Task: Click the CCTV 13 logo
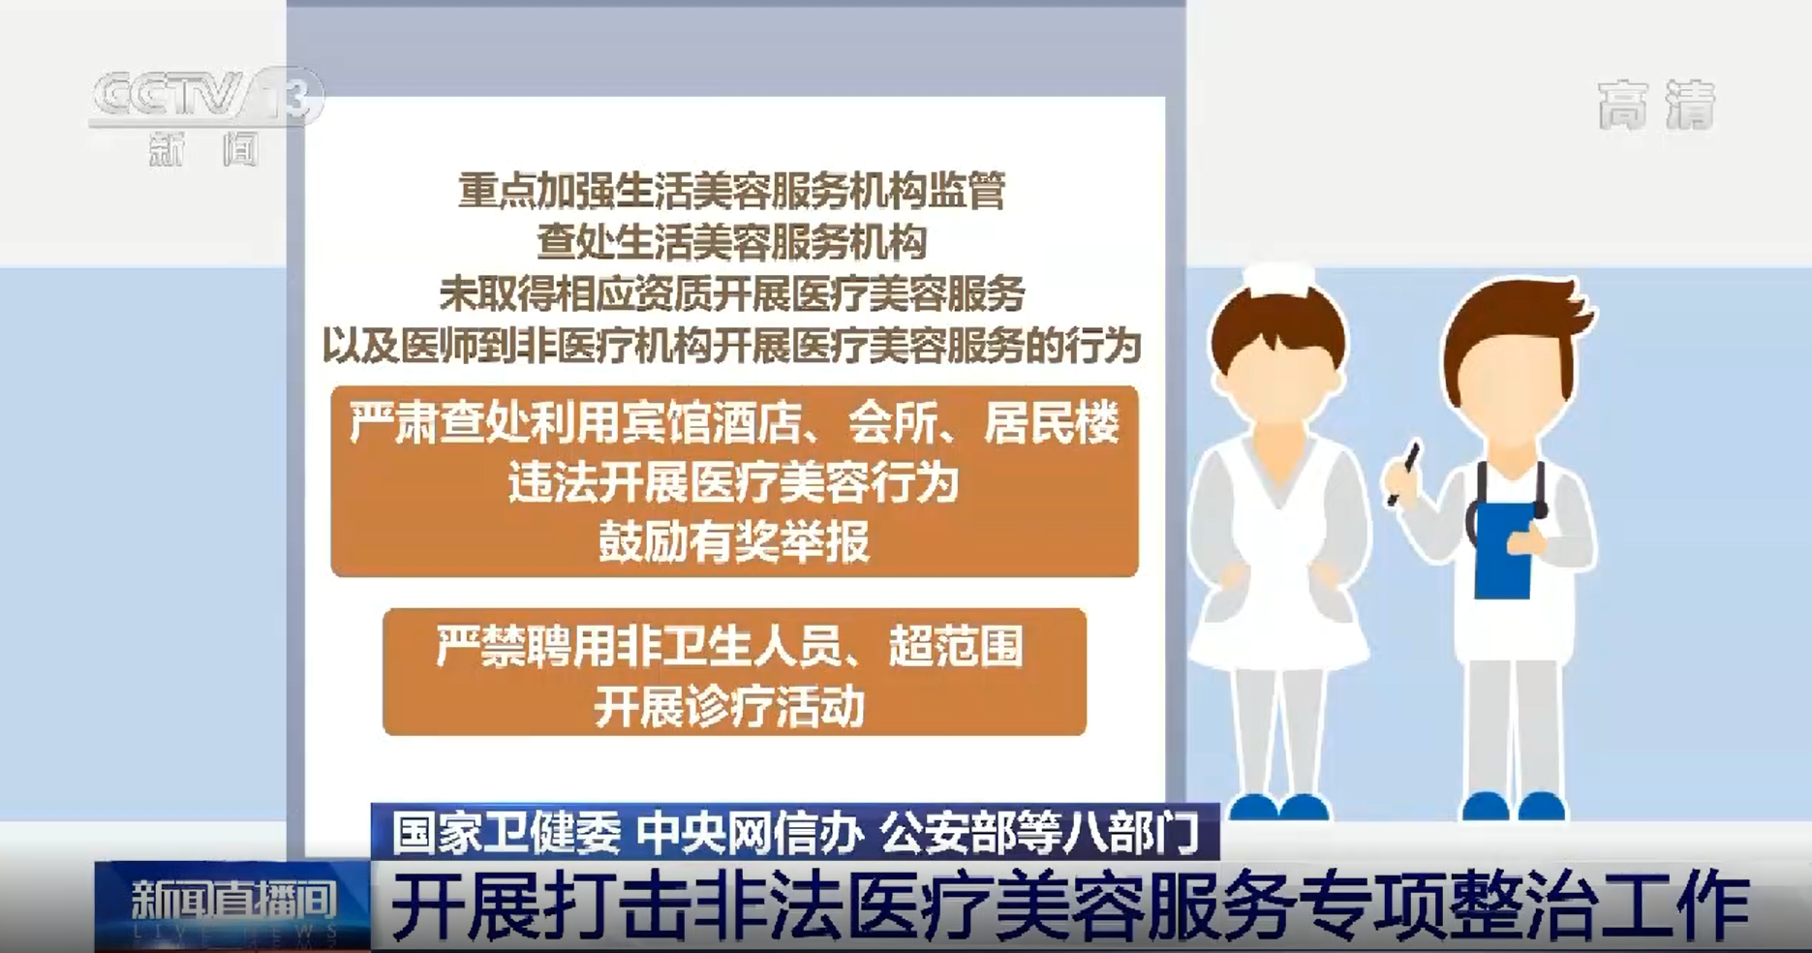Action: pyautogui.click(x=206, y=115)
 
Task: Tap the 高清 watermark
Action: pyautogui.click(x=1656, y=105)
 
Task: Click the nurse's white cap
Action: pyautogui.click(x=1279, y=280)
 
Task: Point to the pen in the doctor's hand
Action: pyautogui.click(x=1402, y=474)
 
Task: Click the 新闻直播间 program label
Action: pyautogui.click(x=233, y=900)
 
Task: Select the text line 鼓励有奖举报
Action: pyautogui.click(x=734, y=541)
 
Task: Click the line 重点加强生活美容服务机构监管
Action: pyautogui.click(x=732, y=191)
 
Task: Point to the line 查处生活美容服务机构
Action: pyautogui.click(x=732, y=242)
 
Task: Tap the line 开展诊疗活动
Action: pyautogui.click(x=729, y=707)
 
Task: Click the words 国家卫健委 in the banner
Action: pyautogui.click(x=507, y=832)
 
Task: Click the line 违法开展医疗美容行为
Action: pyautogui.click(x=733, y=482)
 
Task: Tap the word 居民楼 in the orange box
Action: pyautogui.click(x=1052, y=423)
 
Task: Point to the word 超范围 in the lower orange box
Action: pyautogui.click(x=956, y=646)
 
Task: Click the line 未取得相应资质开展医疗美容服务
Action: pyautogui.click(x=732, y=293)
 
